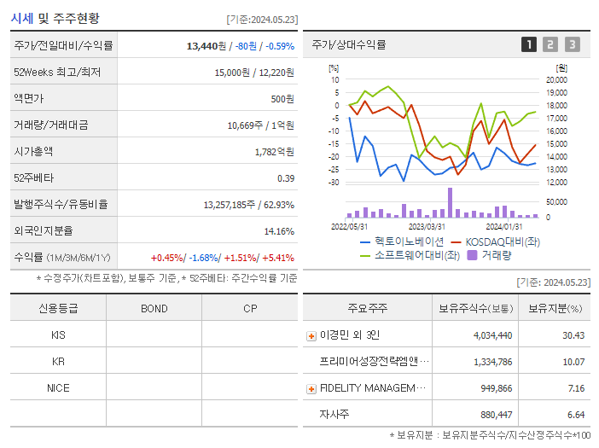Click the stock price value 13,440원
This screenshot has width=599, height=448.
pos(207,46)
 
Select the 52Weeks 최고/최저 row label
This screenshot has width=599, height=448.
pos(57,73)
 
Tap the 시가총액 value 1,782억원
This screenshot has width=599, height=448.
pos(274,152)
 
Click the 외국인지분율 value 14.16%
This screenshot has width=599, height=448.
pos(279,231)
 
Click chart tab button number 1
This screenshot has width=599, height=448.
pos(529,44)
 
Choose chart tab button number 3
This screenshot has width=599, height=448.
pos(572,44)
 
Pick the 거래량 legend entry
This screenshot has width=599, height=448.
pos(489,254)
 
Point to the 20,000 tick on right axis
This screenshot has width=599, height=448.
pos(556,80)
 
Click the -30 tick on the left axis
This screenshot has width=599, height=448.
pos(334,183)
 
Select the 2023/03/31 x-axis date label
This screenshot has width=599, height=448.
pos(427,227)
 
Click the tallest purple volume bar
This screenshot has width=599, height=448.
pos(450,203)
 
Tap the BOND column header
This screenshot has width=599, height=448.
pos(154,308)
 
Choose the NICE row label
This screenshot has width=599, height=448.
pos(58,387)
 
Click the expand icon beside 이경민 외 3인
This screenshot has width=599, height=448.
pos(311,335)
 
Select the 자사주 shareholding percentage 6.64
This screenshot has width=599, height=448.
pos(573,415)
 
